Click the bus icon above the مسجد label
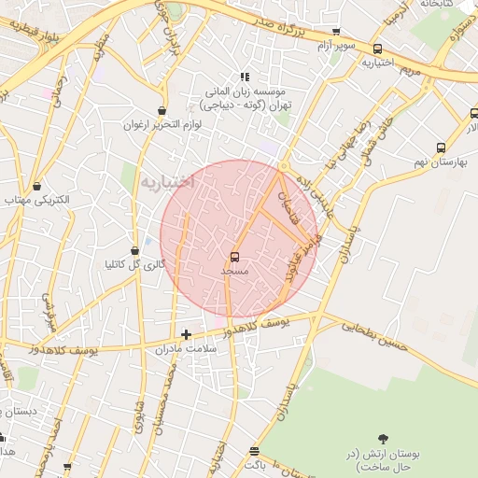pyautogui.click(x=233, y=256)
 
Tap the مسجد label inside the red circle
pyautogui.click(x=232, y=271)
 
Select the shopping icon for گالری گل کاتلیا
pyautogui.click(x=148, y=250)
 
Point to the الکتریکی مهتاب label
pyautogui.click(x=31, y=201)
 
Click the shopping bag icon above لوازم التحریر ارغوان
pyautogui.click(x=163, y=110)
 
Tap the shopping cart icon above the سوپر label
pyautogui.click(x=336, y=31)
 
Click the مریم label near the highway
pyautogui.click(x=412, y=70)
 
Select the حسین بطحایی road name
pyautogui.click(x=374, y=335)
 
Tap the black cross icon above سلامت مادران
pyautogui.click(x=186, y=334)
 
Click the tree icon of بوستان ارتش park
pyautogui.click(x=383, y=438)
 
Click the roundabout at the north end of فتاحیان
pyautogui.click(x=283, y=167)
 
